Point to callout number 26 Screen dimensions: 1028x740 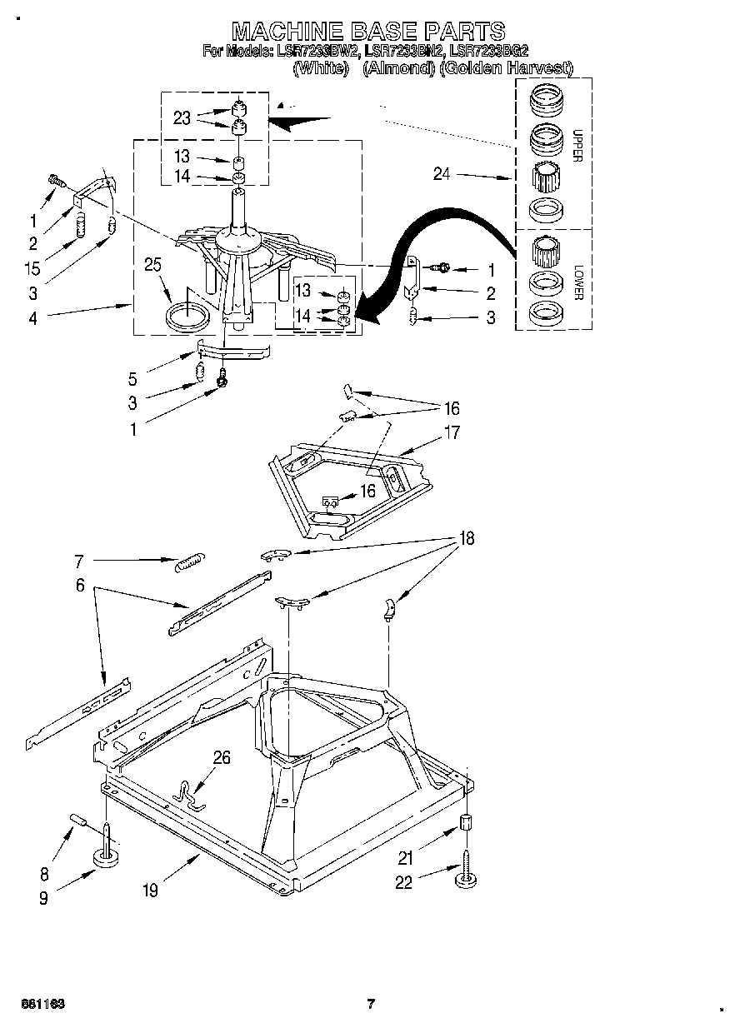click(x=222, y=757)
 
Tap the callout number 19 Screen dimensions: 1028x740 click(x=149, y=891)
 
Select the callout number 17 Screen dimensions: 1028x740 click(x=452, y=432)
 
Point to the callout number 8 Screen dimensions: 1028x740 click(x=44, y=874)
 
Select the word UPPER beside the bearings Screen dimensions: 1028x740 click(x=575, y=147)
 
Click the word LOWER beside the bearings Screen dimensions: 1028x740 click(x=575, y=284)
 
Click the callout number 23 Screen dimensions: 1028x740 click(x=182, y=118)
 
